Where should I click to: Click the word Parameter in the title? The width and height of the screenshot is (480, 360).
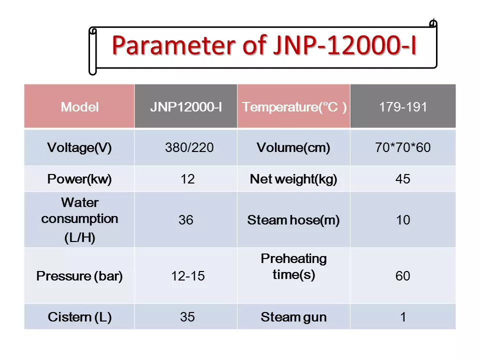pos(173,45)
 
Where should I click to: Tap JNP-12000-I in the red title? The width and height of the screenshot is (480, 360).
pos(344,45)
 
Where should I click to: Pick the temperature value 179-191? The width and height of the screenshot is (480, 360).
pos(403,107)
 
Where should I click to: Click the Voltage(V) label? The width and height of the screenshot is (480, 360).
pos(79,147)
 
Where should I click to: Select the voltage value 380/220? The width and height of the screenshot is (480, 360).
pos(189,147)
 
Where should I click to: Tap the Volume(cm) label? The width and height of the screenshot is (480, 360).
pos(293,147)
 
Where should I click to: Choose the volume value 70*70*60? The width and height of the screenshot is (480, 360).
pos(403,147)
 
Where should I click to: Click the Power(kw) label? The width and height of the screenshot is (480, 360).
pos(79,179)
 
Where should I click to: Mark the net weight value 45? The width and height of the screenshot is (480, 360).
pos(403,179)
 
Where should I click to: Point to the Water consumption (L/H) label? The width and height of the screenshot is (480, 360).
pos(79,220)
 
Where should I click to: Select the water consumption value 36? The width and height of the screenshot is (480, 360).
pos(186,220)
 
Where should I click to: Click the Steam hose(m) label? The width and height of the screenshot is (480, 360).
pos(293,220)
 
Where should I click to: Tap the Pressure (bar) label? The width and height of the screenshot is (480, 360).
pos(79,276)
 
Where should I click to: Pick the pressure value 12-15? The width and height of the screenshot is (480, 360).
pos(187,276)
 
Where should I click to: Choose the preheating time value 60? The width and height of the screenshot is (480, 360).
pos(403,276)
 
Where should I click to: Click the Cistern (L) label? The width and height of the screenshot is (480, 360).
pos(79,317)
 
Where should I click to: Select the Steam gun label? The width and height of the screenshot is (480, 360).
pos(293,317)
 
